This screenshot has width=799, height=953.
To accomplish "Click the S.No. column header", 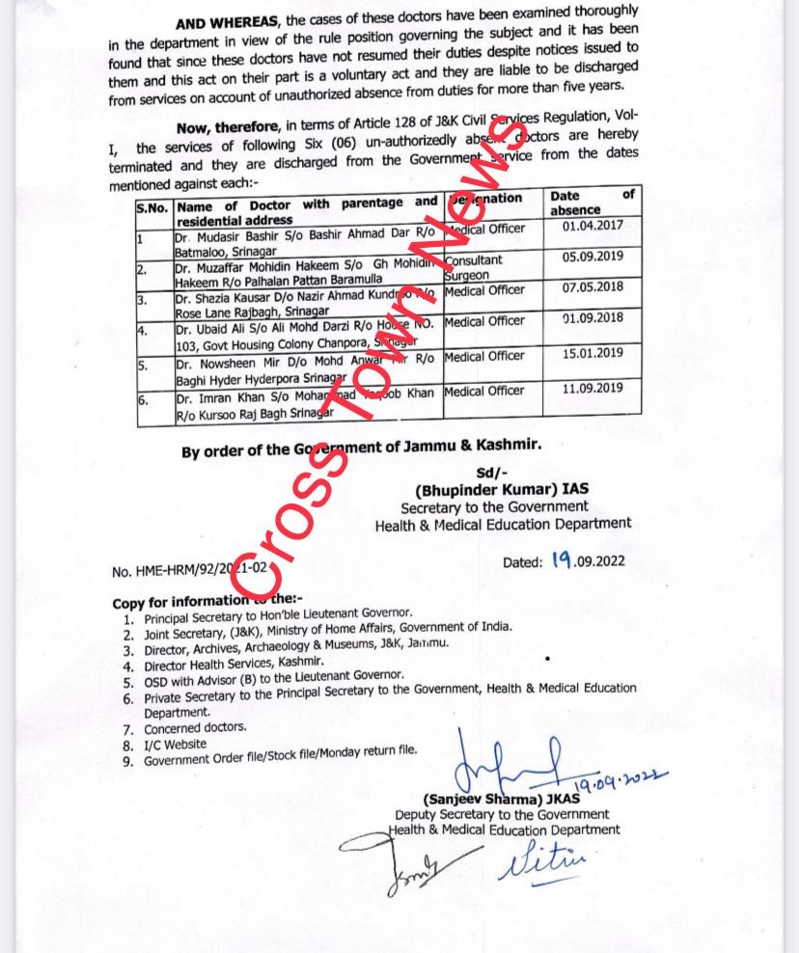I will click(x=152, y=206).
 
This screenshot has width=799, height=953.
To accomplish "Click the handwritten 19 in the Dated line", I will click(x=563, y=559).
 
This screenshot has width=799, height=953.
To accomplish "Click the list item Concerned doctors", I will click(x=195, y=727).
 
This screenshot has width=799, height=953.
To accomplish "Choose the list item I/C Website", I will click(x=176, y=744).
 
